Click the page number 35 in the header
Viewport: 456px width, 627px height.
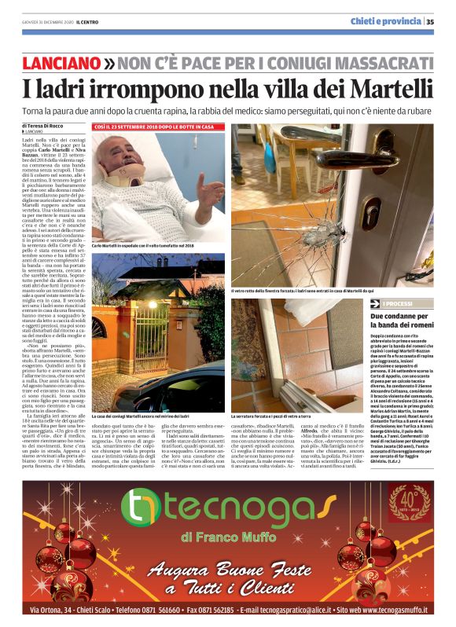[431, 21]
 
